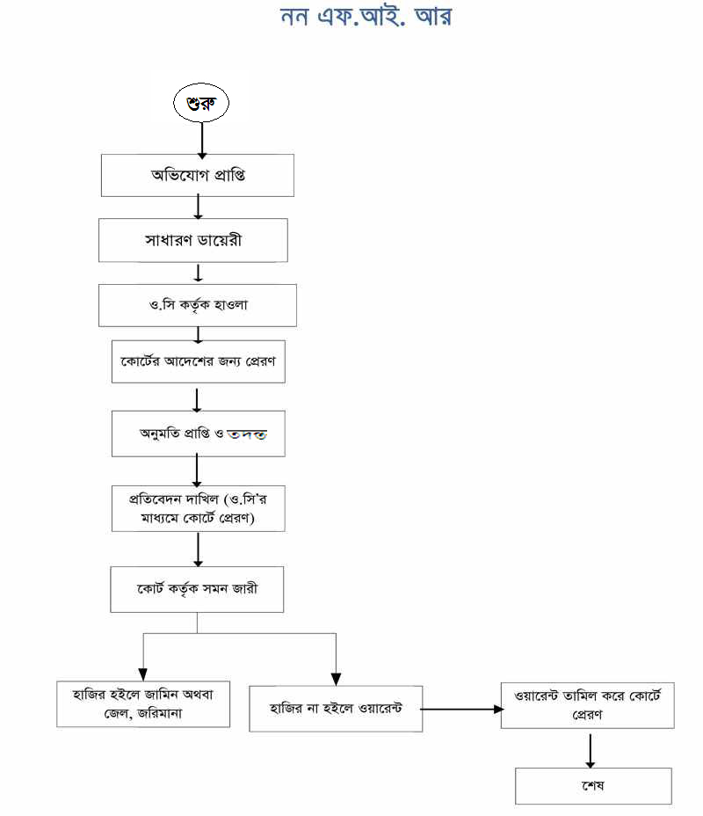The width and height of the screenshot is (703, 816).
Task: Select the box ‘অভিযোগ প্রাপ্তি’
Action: [198, 175]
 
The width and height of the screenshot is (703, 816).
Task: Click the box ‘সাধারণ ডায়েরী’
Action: [193, 240]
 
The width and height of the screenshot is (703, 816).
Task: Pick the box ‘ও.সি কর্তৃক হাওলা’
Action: [198, 305]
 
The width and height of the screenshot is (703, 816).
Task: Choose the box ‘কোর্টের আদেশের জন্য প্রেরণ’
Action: [199, 361]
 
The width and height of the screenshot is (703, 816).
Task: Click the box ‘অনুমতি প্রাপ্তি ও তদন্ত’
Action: [199, 433]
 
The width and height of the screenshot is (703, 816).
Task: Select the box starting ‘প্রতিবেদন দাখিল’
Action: [199, 508]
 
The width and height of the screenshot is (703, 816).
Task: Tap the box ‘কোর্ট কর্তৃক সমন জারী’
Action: [197, 589]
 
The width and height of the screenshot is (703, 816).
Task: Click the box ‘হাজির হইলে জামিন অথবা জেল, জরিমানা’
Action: [143, 703]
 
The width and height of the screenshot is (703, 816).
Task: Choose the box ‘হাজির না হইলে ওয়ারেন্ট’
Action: [336, 709]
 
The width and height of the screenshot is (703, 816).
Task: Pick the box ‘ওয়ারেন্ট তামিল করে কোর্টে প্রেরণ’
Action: [588, 703]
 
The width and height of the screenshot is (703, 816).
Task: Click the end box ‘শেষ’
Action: [593, 785]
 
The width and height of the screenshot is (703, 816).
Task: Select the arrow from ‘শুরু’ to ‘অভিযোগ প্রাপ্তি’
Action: [203, 138]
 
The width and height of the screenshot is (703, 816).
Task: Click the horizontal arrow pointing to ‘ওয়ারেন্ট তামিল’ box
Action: [461, 708]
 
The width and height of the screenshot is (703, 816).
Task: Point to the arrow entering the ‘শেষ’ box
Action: [590, 748]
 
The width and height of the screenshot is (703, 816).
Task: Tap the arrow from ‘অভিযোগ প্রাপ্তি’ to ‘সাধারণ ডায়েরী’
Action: [199, 207]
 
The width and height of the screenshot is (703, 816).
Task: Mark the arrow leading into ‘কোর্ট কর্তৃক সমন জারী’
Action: [199, 550]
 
